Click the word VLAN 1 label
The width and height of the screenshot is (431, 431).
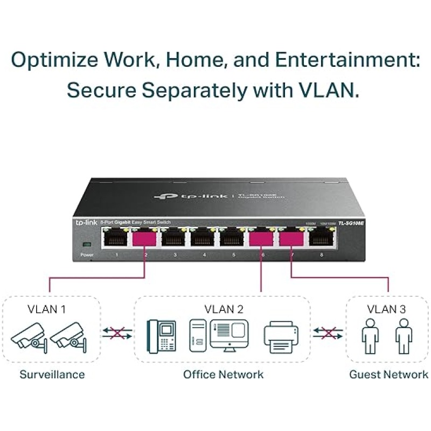pos(46,309)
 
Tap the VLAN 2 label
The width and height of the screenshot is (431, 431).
pos(224,309)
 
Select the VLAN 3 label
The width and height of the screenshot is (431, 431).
pos(386,309)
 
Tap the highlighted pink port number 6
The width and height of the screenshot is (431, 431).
pos(261,237)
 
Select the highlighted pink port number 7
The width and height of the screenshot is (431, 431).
pos(291,237)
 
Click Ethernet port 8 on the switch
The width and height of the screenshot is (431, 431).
pos(321,237)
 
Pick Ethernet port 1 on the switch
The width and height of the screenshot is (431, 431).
pos(116,237)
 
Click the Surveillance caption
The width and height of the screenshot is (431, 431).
pos(52,374)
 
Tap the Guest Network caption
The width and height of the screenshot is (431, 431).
pos(388,374)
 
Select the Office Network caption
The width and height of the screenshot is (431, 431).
pos(224,374)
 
